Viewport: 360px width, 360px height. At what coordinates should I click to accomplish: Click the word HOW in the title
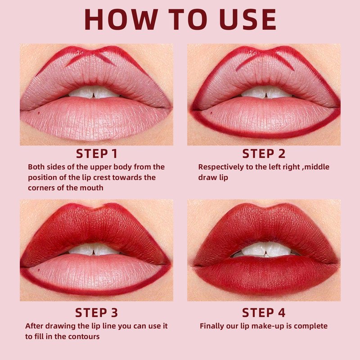point(121,19)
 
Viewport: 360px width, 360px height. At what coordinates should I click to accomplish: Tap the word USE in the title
point(248,19)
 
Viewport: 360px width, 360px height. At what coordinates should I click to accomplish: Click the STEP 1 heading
point(97,154)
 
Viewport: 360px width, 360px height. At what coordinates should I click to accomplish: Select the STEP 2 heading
point(264,154)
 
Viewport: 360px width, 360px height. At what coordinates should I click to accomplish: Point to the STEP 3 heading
point(96,313)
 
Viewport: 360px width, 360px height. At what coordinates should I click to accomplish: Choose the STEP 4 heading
point(264,313)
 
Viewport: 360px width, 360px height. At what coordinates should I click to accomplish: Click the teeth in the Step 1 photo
point(94,92)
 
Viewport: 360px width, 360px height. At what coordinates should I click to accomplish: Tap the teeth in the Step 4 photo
point(266,250)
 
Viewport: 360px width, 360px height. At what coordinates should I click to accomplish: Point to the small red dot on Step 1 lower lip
point(39,113)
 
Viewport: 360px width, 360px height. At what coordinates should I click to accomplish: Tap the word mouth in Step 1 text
point(92,188)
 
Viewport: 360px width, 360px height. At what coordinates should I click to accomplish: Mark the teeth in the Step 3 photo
point(94,249)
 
